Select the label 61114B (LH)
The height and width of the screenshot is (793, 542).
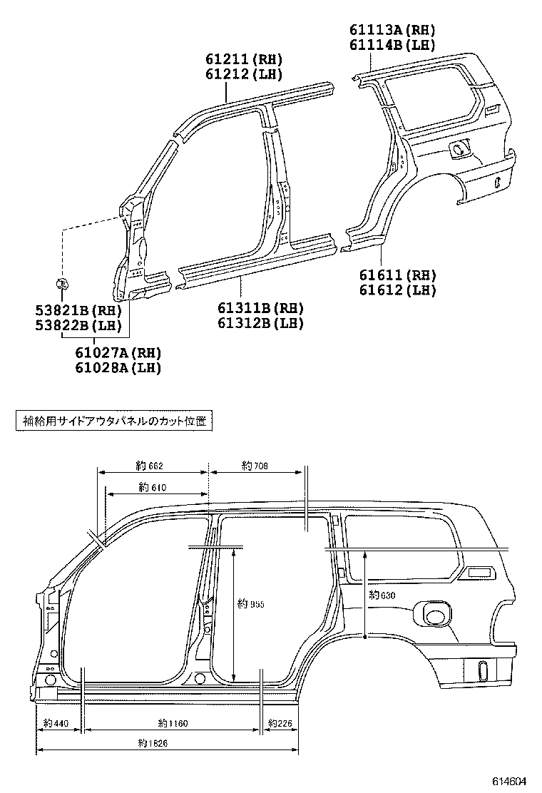coord(392,45)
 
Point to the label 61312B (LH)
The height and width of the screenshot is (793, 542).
coord(260,323)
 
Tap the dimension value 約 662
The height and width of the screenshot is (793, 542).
coord(150,466)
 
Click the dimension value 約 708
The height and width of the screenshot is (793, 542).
coord(255,466)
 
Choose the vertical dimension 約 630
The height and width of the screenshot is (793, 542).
coord(382,595)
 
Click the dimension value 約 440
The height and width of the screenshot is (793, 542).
coord(56,724)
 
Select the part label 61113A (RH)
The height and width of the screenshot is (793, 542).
coord(392,30)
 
